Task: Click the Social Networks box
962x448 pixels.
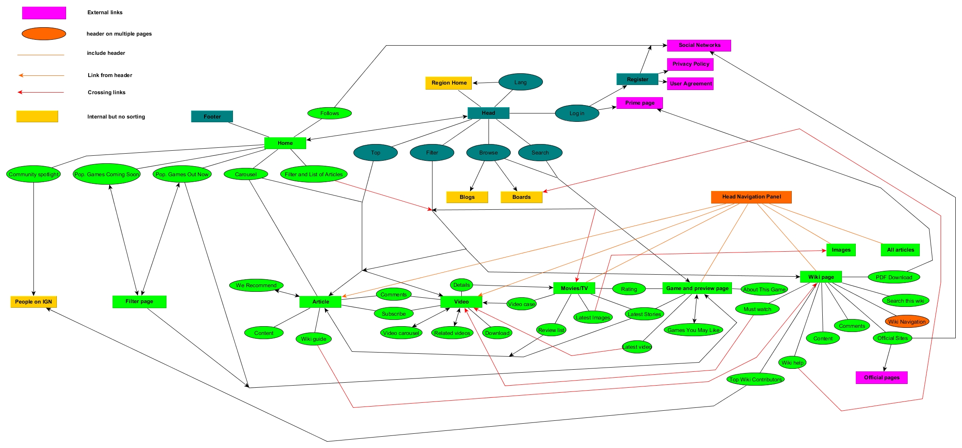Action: (699, 45)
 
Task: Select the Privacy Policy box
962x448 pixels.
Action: (690, 64)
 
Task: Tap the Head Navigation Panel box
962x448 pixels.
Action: (751, 197)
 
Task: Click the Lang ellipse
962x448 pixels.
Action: (520, 82)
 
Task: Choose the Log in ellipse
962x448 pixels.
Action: (577, 113)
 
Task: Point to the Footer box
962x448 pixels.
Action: (212, 116)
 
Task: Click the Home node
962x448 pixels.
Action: (285, 143)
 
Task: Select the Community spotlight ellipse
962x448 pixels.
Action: (33, 174)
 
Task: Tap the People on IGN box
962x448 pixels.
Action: (33, 301)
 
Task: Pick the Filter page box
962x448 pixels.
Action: (139, 301)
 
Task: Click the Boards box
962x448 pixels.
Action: (521, 197)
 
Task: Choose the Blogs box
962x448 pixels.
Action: (467, 197)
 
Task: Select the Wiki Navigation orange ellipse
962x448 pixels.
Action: (907, 322)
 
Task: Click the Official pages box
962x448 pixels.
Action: (882, 377)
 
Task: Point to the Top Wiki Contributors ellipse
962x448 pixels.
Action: (755, 379)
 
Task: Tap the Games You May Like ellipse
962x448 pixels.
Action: (693, 330)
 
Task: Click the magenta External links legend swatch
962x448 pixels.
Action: (44, 13)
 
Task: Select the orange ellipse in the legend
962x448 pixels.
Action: (44, 33)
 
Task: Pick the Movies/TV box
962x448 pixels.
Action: (574, 288)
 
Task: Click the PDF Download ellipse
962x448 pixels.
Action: (894, 277)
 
